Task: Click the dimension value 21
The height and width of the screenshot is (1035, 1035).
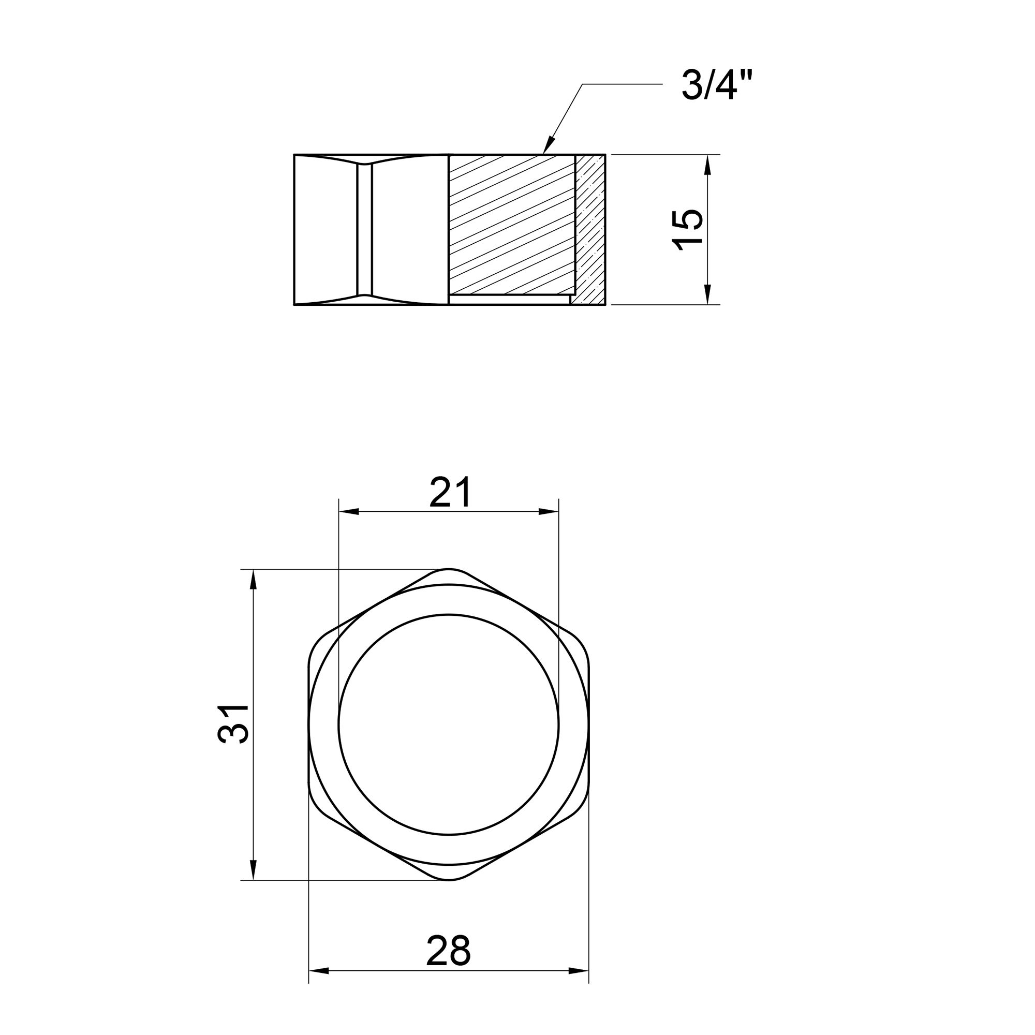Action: pyautogui.click(x=450, y=491)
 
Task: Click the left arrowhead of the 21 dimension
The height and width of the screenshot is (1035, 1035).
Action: pyautogui.click(x=349, y=512)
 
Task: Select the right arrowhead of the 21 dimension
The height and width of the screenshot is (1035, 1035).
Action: pyautogui.click(x=549, y=512)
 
